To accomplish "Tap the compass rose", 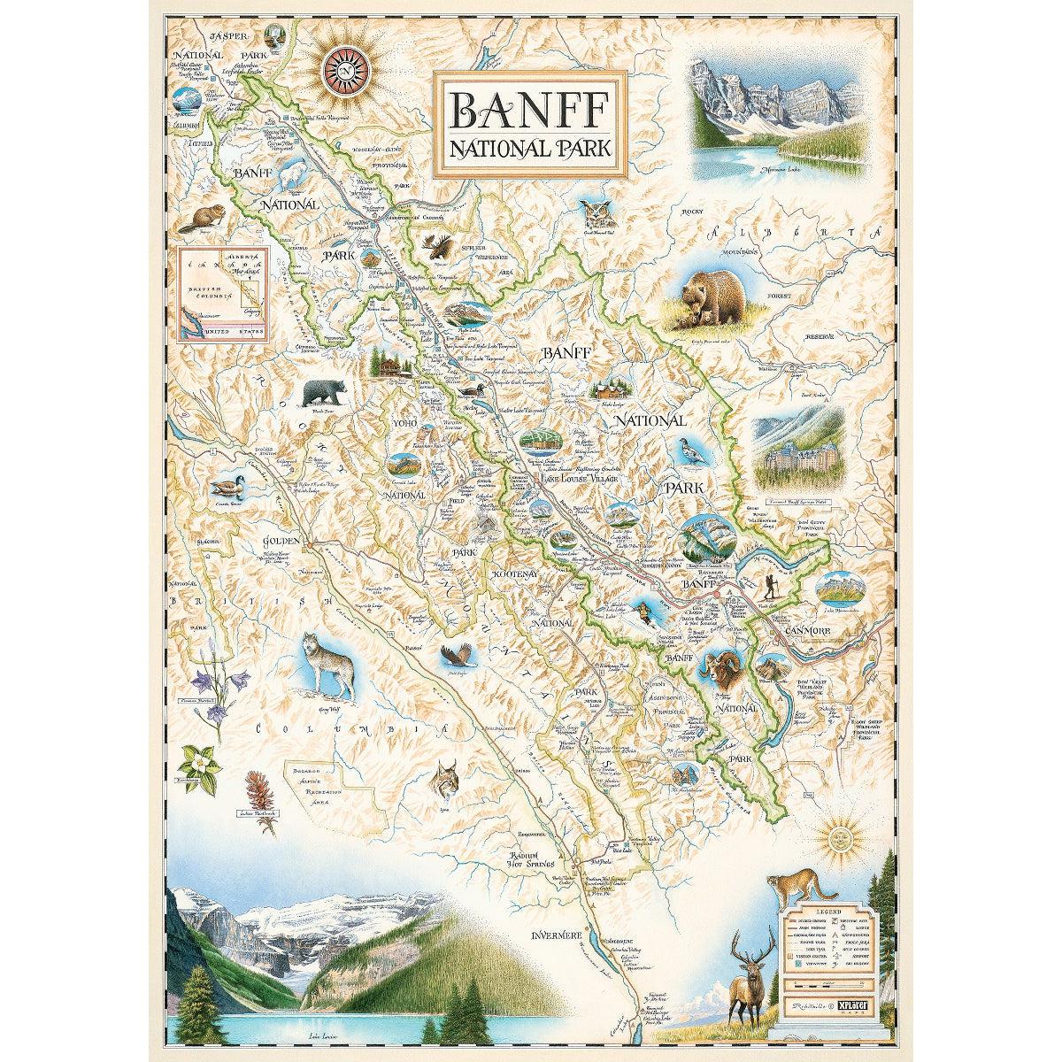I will [345, 69].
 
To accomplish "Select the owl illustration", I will [597, 215].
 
